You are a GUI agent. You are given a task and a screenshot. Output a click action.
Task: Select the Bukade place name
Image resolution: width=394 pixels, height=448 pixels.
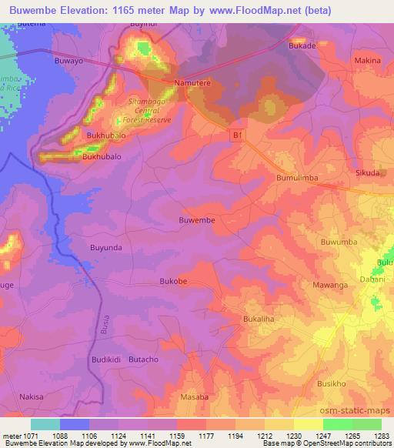(x=302, y=45)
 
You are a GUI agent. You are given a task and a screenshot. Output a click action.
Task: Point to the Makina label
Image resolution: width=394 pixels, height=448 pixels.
(x=367, y=60)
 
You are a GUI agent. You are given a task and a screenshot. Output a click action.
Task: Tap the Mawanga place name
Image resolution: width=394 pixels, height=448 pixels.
(x=333, y=284)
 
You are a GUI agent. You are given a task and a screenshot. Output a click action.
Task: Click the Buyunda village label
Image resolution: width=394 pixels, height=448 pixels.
(x=107, y=249)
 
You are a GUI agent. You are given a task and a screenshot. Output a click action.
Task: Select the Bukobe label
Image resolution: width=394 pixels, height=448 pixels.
(x=173, y=282)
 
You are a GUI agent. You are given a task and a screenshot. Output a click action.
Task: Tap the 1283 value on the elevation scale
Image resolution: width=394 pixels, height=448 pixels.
(x=382, y=435)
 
